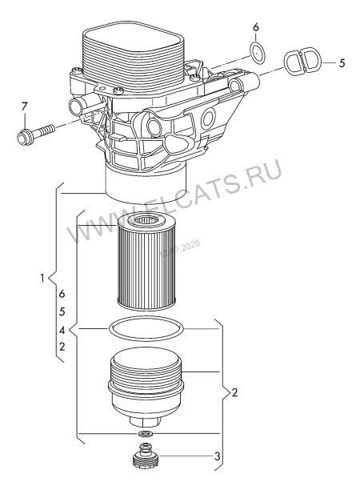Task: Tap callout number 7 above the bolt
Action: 24,107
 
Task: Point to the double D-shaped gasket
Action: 302,61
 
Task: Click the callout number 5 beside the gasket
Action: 342,63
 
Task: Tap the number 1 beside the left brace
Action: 42,278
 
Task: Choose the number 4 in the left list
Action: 62,331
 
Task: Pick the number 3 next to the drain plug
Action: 217,456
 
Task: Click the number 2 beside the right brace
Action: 234,392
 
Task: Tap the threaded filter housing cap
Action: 146,388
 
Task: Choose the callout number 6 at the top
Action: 255,27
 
